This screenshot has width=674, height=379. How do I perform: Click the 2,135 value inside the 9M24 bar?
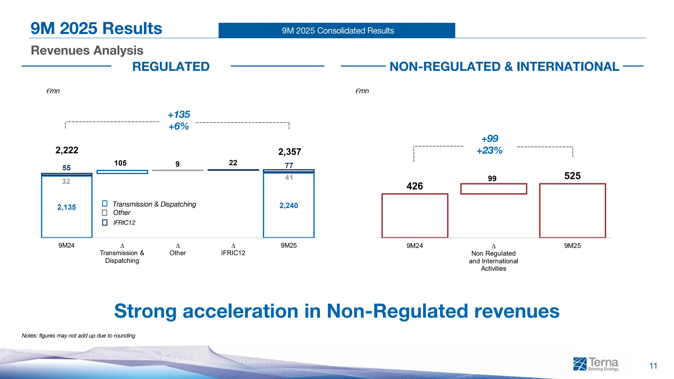(x=66, y=207)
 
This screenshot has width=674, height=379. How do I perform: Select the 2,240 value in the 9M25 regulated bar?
(x=289, y=206)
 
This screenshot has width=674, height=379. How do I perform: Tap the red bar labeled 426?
(x=415, y=215)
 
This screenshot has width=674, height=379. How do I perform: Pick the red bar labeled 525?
(x=572, y=211)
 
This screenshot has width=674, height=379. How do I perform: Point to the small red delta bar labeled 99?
(x=493, y=189)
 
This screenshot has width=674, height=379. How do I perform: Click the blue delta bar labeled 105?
(x=122, y=172)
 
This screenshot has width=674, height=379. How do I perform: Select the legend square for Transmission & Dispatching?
(x=105, y=204)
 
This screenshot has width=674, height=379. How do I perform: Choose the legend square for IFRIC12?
(x=105, y=222)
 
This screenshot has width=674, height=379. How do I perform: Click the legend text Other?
(x=121, y=213)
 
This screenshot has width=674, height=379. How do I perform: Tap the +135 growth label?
(x=179, y=114)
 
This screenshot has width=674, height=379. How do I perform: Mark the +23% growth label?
(x=489, y=151)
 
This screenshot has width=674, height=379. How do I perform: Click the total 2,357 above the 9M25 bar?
(x=290, y=152)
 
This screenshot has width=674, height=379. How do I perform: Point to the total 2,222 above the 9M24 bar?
(x=67, y=150)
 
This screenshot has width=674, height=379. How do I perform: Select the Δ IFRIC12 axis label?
(x=233, y=250)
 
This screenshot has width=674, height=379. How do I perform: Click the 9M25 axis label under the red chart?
(x=572, y=246)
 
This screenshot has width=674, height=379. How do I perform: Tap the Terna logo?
(x=596, y=364)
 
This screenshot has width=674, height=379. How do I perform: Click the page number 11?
(x=653, y=366)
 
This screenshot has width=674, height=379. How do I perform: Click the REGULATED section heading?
(x=171, y=67)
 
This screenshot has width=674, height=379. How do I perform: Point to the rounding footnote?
(x=78, y=336)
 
